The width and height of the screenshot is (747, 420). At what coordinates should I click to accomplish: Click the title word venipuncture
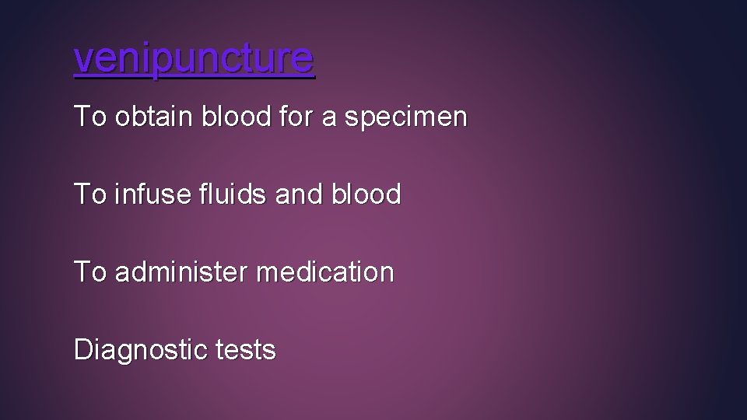coord(194,58)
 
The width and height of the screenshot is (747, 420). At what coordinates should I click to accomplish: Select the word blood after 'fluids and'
coord(367,194)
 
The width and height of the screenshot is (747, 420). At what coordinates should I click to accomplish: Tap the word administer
coord(181,272)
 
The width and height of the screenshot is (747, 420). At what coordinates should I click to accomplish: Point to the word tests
coord(245,351)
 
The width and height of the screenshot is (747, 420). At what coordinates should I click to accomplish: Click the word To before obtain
coord(89,117)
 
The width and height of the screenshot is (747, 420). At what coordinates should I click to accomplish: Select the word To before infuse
coord(89,194)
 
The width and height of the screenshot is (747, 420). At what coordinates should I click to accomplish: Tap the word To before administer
coord(89,272)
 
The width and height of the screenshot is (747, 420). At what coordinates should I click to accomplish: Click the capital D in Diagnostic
coord(82,350)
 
